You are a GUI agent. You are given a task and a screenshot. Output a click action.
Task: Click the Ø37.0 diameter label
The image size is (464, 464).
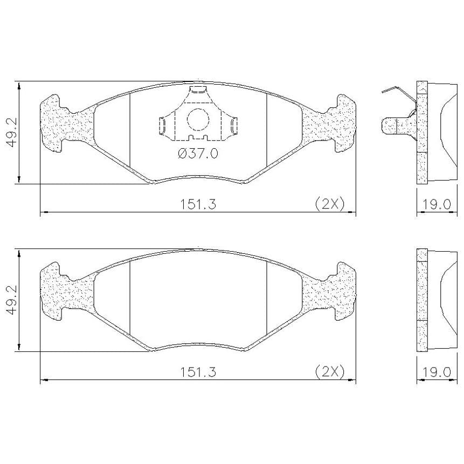click(198, 153)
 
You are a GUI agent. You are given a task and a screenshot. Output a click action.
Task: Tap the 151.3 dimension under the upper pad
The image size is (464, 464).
click(198, 204)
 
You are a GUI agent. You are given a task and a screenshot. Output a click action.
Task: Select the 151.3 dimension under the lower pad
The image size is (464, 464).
click(198, 372)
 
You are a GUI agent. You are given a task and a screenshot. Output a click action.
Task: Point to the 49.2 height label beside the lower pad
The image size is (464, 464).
click(13, 300)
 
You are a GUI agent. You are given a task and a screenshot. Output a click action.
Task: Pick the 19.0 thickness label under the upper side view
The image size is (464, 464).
click(436, 204)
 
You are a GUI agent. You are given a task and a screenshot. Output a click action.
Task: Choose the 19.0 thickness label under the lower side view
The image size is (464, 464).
click(436, 372)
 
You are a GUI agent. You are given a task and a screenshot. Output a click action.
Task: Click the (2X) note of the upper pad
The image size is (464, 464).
click(330, 204)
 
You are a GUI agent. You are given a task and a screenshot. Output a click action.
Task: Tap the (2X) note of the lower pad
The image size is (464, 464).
click(330, 372)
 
